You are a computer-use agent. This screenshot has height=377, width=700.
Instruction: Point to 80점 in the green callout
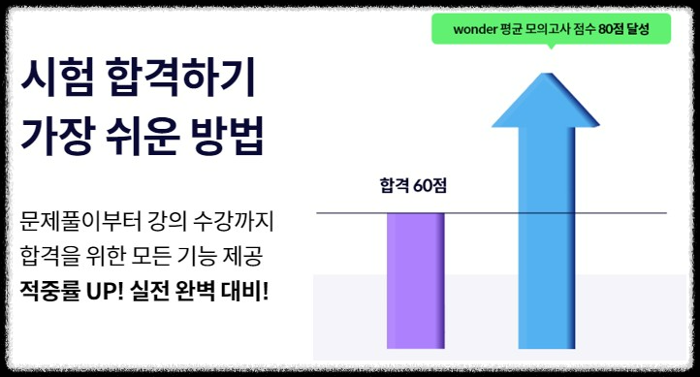coord(613,29)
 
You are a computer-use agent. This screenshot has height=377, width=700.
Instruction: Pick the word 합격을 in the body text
coord(53,256)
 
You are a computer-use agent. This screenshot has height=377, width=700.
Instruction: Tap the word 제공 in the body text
coord(247,256)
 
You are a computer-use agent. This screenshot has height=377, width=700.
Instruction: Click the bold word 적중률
coord(51,291)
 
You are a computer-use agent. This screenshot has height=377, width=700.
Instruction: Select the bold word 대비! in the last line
coord(242,291)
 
